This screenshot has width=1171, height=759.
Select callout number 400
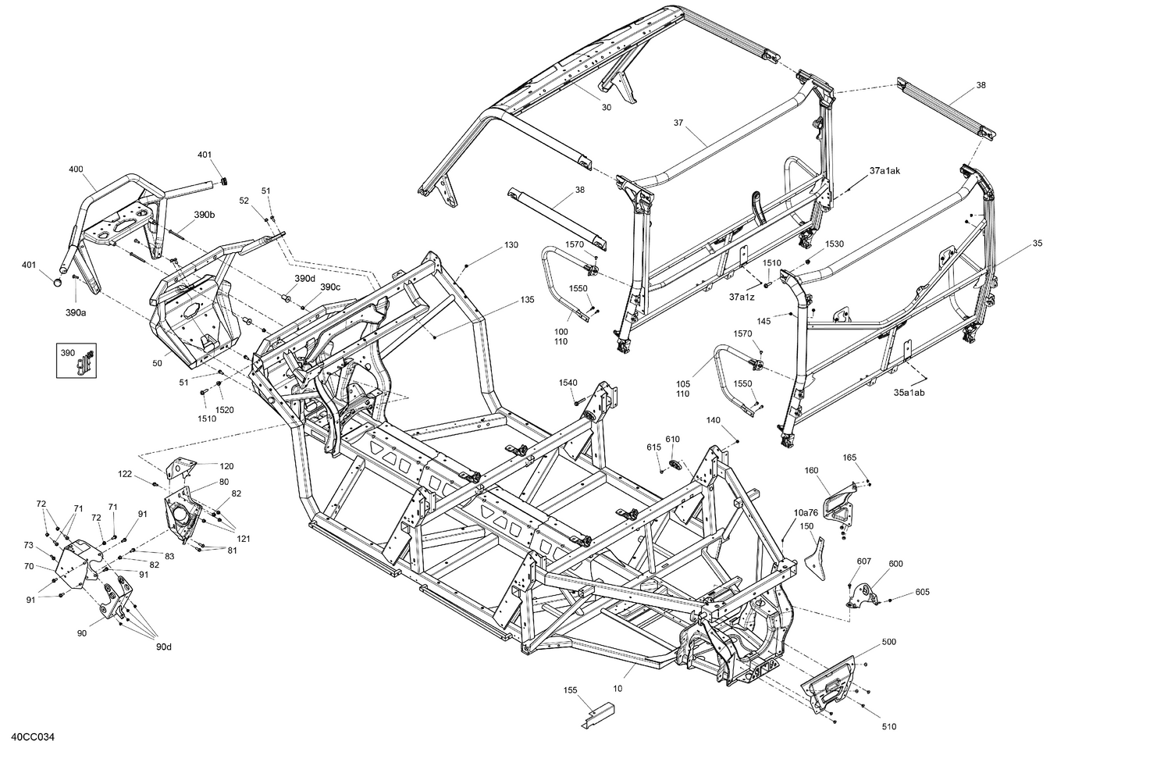[x=76, y=169]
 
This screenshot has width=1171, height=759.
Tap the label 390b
[x=205, y=214]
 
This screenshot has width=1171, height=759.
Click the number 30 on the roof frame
[x=607, y=108]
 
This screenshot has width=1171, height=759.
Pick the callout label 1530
[x=835, y=244]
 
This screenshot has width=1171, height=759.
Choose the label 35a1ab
[x=909, y=393]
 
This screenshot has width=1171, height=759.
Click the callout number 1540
[x=568, y=382]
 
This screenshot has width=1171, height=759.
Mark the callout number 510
[x=888, y=727]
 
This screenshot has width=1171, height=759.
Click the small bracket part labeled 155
[x=600, y=714]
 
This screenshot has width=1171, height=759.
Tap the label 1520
[x=224, y=410]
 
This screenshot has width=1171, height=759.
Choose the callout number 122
[x=125, y=473]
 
